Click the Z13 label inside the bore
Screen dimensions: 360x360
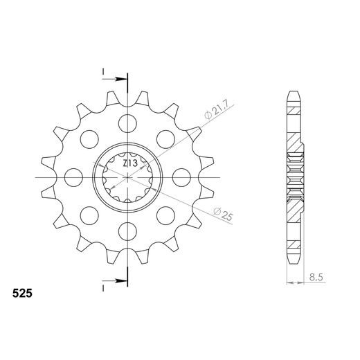pos(129,164)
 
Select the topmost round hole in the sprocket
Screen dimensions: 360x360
pos(128,125)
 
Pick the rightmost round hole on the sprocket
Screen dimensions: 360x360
pos(181,177)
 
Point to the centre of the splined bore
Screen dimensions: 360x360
pos(128,177)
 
